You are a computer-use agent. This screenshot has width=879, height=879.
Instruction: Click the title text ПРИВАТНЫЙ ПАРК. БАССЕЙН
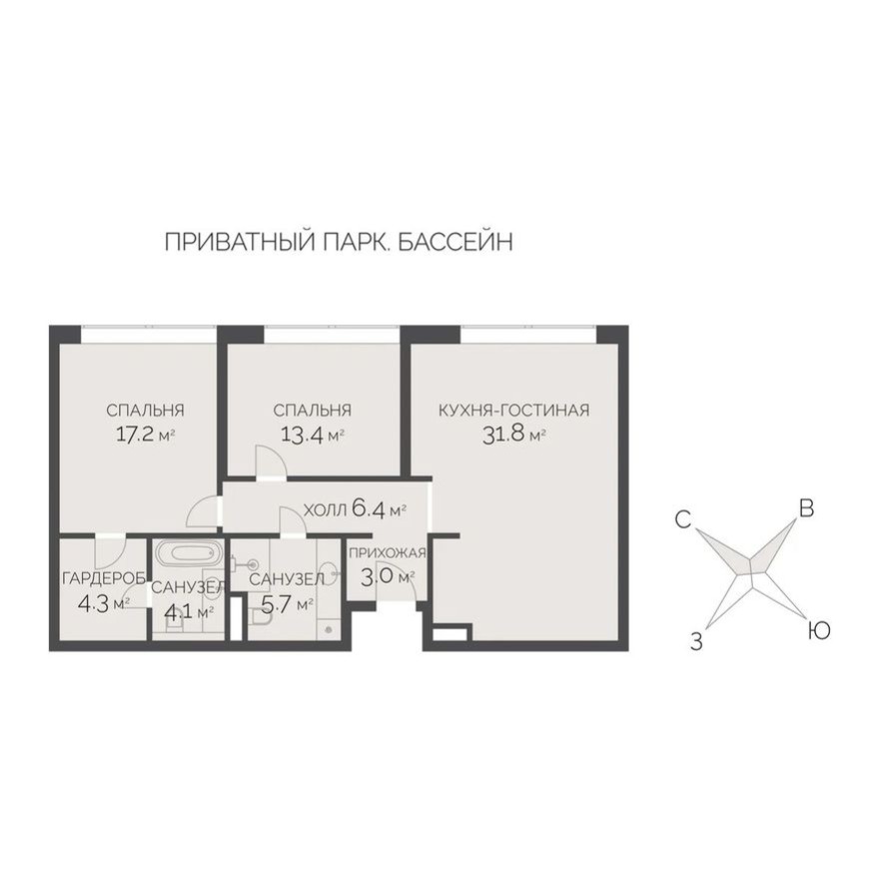[x=338, y=243]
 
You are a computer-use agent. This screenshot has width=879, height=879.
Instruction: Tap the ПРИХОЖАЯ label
[x=388, y=553]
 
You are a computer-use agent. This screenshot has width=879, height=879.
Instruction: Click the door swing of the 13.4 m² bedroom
[x=270, y=463]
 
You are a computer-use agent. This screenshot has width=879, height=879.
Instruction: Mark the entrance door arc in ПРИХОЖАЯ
[x=409, y=590]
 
